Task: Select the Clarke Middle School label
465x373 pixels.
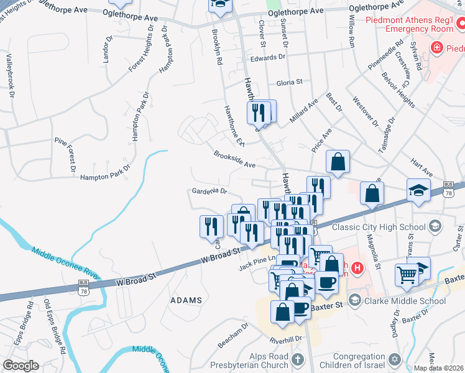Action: point(404,301)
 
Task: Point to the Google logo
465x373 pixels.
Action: point(20,366)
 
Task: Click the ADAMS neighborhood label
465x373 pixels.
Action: point(186,300)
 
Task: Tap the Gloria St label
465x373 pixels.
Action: point(289,81)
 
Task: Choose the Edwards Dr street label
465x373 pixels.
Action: point(267,57)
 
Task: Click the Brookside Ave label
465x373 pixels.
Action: point(235,160)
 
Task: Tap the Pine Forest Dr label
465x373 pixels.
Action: point(64,154)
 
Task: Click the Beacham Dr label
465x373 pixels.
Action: point(233,335)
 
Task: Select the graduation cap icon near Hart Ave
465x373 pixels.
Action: point(418,190)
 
